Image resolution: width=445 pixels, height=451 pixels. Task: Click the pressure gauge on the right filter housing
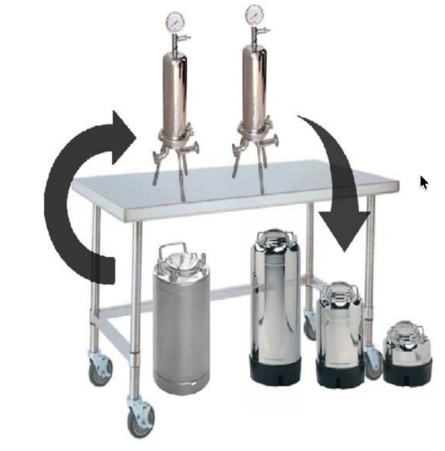[254, 15]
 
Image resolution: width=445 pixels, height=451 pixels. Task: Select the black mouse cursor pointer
[423, 182]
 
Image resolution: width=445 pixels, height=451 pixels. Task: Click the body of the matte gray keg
[181, 327]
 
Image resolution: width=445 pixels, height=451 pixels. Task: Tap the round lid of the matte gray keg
[180, 259]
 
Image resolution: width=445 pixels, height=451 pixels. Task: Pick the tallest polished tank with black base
[275, 305]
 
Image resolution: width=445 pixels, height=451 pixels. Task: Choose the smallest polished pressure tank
[407, 349]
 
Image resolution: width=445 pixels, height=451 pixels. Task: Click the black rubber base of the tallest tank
[275, 369]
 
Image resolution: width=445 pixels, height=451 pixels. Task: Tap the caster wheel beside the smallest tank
[374, 364]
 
